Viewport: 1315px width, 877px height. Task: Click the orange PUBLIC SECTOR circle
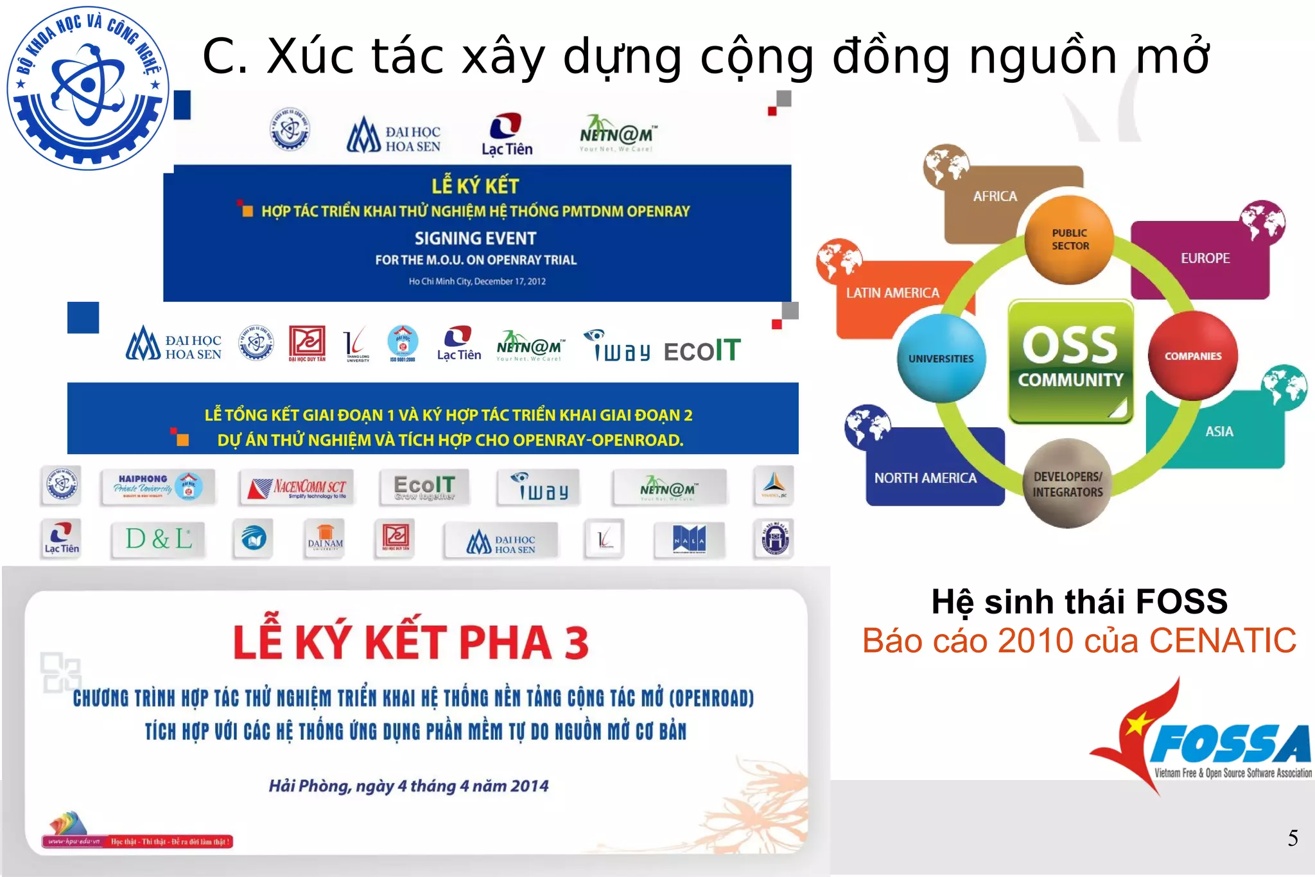coord(1070,240)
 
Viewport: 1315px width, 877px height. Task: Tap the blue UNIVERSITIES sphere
coord(941,359)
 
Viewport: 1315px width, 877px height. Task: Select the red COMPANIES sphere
coord(1193,356)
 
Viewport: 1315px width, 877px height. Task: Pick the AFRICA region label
coord(995,197)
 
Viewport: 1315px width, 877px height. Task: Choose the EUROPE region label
coord(1205,258)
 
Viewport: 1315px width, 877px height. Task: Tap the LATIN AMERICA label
coord(892,293)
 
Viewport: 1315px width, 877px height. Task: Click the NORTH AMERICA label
coord(925,478)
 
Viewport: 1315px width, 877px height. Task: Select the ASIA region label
coord(1219,432)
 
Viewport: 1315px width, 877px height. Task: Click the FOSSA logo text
coord(1230,745)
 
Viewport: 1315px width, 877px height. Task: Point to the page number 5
coord(1293,838)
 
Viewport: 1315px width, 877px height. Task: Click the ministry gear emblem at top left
coord(88,88)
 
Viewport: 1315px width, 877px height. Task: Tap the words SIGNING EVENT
coord(475,238)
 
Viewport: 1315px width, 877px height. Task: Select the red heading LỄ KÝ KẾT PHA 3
coord(411,642)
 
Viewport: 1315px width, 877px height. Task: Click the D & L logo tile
coord(159,539)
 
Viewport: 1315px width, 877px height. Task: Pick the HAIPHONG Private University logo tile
coord(158,486)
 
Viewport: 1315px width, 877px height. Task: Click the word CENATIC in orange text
coord(1222,641)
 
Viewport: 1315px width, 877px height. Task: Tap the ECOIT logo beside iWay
coord(702,351)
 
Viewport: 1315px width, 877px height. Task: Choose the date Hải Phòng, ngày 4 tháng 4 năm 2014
coord(408,786)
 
